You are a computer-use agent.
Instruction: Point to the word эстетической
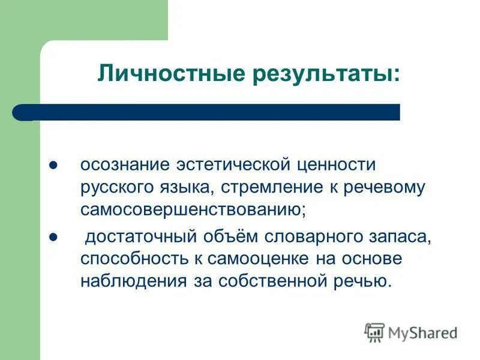(x=228, y=164)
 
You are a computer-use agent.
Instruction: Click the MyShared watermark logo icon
(x=374, y=332)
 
